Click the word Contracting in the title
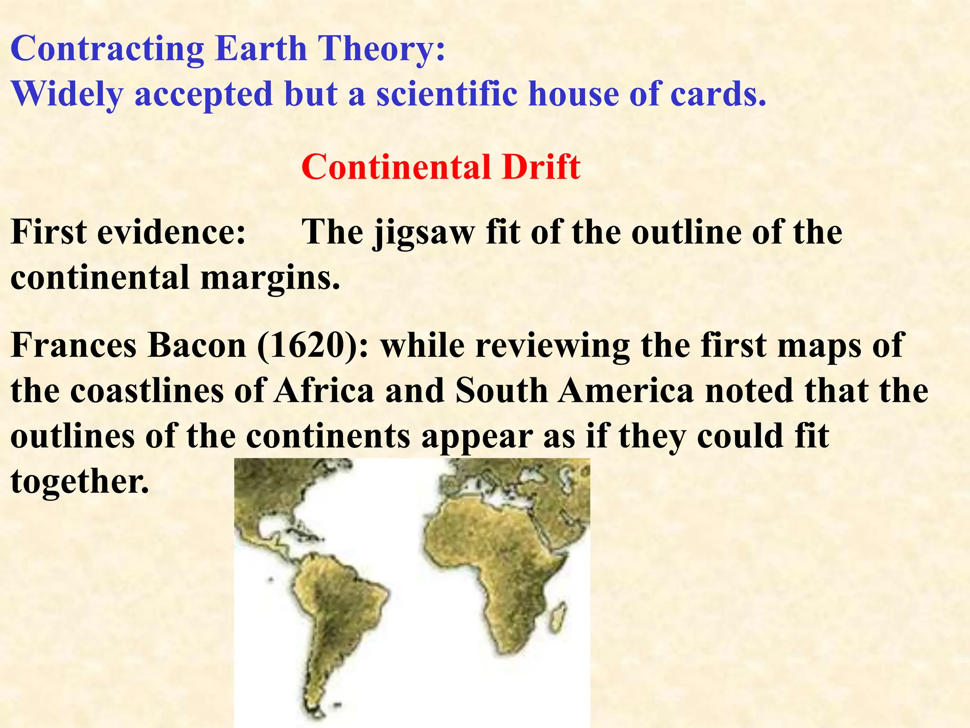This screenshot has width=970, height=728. (x=108, y=49)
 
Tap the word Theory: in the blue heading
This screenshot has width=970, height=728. (x=382, y=49)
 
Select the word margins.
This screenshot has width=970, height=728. (x=270, y=278)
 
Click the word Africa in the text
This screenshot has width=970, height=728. (x=325, y=391)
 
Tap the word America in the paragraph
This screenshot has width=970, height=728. (x=625, y=391)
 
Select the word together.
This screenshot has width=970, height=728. (x=80, y=482)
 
